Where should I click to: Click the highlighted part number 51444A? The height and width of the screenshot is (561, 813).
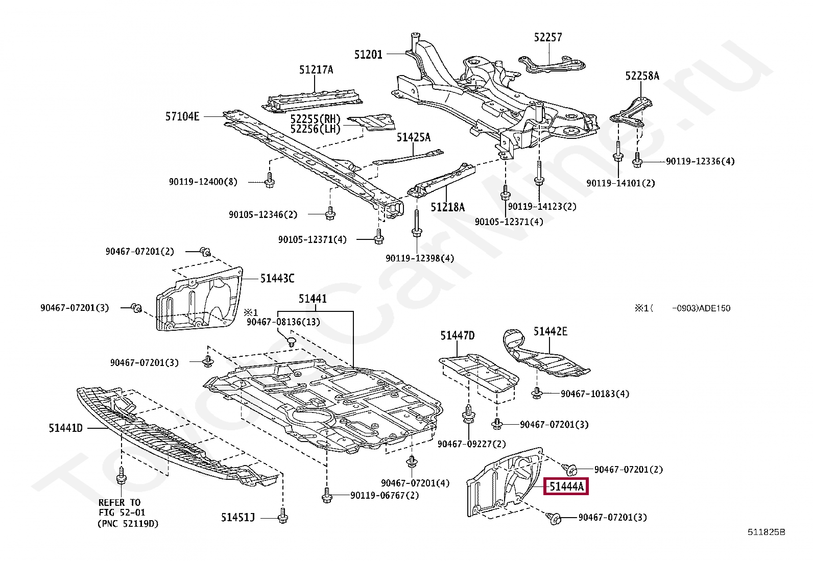click(x=566, y=486)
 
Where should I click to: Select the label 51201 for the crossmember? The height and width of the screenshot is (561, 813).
click(x=368, y=54)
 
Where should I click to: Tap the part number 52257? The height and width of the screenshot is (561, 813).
click(x=548, y=37)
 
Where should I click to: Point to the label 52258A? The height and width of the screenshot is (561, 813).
click(x=642, y=76)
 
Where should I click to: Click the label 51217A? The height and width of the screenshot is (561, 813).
click(x=316, y=70)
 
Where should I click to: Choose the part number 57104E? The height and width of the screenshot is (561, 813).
click(x=182, y=116)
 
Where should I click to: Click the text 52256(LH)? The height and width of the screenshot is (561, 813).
click(x=315, y=129)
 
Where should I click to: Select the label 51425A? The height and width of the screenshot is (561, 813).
click(x=414, y=137)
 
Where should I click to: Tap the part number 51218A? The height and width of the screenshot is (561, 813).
click(x=447, y=207)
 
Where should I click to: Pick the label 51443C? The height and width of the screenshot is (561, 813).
click(x=277, y=278)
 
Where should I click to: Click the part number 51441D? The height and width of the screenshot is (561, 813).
click(x=66, y=428)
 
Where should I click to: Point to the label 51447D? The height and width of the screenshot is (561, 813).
click(x=458, y=335)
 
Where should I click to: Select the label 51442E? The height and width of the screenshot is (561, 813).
click(x=551, y=331)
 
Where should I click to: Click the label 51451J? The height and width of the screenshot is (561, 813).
click(x=238, y=518)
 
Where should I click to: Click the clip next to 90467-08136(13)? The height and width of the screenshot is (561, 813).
click(x=291, y=340)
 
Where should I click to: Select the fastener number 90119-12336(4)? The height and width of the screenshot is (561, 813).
click(x=700, y=161)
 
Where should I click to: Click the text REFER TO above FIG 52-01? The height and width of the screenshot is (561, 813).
click(x=119, y=502)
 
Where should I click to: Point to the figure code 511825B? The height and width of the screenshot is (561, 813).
click(x=767, y=532)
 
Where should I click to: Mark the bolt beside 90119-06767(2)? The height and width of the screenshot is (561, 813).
click(x=327, y=495)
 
